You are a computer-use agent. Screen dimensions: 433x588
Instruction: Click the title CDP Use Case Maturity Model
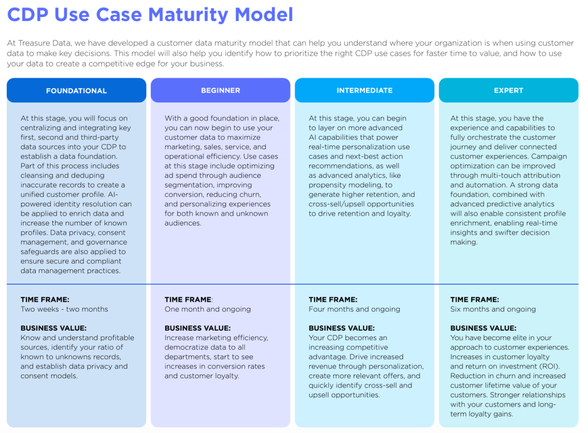[x=150, y=14]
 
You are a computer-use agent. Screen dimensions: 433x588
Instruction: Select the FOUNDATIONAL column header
[x=76, y=91]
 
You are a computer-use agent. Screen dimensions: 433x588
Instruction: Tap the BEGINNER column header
[x=220, y=91]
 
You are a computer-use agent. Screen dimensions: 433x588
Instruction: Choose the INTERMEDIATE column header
[x=365, y=91]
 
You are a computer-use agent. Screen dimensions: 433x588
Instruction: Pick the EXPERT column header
[x=509, y=91]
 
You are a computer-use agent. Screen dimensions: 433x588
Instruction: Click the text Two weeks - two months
[x=64, y=309]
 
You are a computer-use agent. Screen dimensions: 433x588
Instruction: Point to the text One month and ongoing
[x=208, y=309]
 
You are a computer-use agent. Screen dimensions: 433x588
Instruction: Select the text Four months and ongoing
[x=354, y=309]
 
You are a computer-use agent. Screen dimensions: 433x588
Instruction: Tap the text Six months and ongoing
[x=493, y=309]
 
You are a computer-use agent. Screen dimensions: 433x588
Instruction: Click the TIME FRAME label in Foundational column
[x=45, y=299]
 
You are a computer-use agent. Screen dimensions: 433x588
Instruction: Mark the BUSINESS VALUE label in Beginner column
[x=197, y=328]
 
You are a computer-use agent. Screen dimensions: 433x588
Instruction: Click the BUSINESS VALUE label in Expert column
[x=483, y=328]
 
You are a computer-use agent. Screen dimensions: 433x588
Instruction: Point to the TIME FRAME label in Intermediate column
[x=333, y=299]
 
